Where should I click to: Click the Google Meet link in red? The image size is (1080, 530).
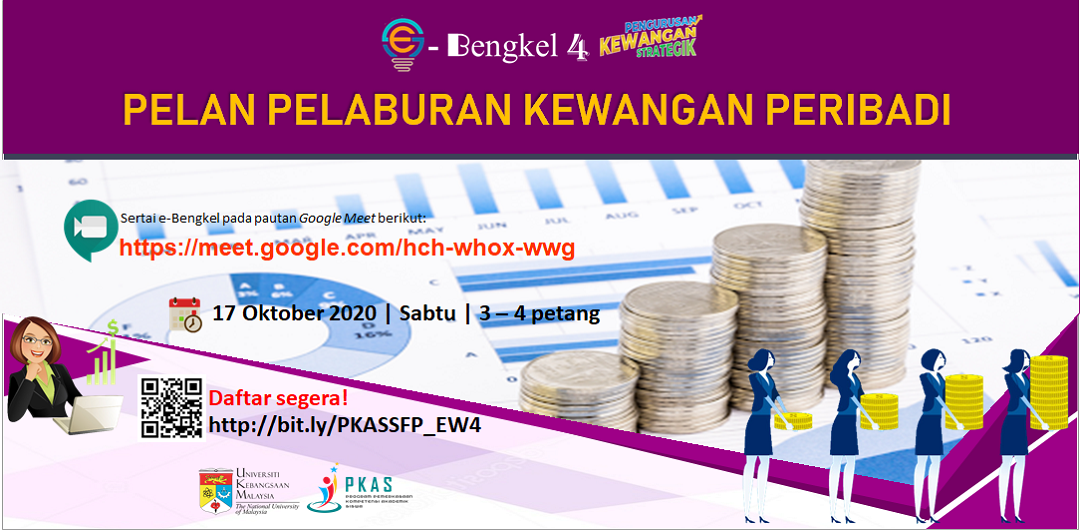(347, 248)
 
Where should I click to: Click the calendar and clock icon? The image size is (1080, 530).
(185, 314)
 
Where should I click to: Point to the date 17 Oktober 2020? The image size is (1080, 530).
(295, 313)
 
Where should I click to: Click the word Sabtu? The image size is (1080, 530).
(426, 313)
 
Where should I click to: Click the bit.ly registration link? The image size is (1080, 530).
(344, 425)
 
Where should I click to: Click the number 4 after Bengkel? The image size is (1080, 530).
(577, 47)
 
